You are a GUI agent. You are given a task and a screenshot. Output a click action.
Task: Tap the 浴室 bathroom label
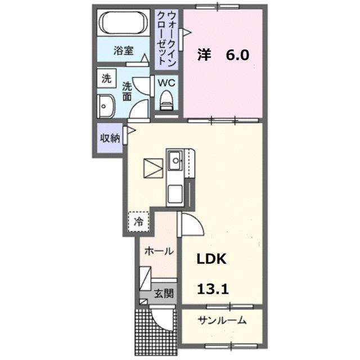[123, 50]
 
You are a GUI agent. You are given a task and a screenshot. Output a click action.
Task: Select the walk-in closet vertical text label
[166, 38]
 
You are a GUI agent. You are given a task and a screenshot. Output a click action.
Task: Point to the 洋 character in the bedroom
[203, 55]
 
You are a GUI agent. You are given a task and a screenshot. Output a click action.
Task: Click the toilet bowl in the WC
[166, 101]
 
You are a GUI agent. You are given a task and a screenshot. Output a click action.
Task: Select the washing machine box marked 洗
[106, 78]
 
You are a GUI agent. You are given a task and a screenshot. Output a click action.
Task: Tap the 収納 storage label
[110, 138]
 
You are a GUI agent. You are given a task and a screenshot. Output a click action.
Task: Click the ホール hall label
[159, 251]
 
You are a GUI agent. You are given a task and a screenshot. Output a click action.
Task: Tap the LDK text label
[211, 259]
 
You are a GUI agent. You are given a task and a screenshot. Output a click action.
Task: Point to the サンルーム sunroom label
[222, 321]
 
